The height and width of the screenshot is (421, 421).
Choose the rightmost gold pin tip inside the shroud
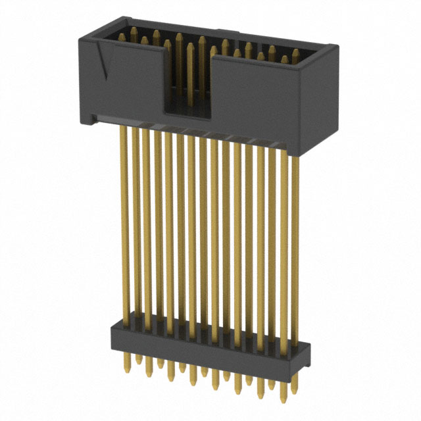[x=296, y=54]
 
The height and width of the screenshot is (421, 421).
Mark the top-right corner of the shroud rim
[x=337, y=47]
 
